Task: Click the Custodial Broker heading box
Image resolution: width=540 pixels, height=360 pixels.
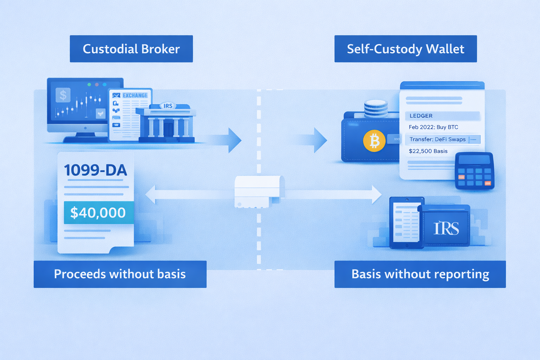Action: click(131, 49)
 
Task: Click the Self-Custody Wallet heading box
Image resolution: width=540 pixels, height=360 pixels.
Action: click(405, 49)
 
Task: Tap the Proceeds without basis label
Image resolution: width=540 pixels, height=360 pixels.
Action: click(120, 274)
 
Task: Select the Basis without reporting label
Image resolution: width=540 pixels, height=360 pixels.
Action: click(420, 274)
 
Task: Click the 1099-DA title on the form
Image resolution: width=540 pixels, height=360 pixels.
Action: click(95, 171)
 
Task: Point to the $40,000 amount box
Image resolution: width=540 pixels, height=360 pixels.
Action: click(98, 213)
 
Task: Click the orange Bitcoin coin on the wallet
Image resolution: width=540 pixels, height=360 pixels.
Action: click(374, 141)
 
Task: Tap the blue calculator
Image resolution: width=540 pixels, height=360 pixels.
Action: click(474, 171)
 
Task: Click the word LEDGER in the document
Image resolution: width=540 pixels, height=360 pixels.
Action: click(421, 116)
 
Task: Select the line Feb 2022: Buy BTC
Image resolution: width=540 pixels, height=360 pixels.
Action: click(433, 127)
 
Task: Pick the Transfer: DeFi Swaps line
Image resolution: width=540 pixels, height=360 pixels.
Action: click(438, 139)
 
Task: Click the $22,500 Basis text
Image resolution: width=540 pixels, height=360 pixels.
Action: click(428, 151)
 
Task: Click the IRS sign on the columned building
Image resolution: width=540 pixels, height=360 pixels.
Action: click(168, 106)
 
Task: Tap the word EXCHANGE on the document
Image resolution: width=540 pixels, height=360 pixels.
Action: click(135, 95)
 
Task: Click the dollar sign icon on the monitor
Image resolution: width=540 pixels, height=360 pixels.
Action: click(63, 95)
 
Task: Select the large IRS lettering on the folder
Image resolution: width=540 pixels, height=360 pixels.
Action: click(446, 229)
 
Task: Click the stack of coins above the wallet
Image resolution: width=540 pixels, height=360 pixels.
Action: click(376, 108)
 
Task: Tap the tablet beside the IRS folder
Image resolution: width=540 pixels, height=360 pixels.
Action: click(406, 223)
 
